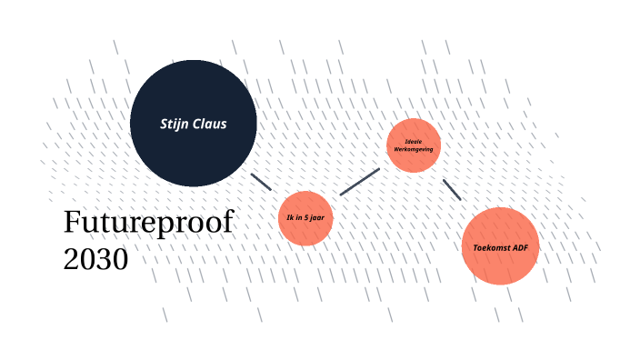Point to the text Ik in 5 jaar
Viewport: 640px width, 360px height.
305,218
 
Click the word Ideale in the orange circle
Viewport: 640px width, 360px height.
414,141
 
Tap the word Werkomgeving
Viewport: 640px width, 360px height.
414,148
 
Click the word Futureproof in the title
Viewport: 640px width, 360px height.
148,224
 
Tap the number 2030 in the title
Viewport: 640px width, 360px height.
95,259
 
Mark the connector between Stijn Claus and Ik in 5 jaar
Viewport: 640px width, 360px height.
261,181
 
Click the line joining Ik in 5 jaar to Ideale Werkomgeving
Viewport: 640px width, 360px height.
360,181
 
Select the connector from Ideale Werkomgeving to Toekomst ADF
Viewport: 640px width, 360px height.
452,189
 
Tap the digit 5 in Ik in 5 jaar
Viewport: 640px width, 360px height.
306,218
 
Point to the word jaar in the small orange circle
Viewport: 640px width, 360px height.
317,218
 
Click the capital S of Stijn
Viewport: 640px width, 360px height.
163,124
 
